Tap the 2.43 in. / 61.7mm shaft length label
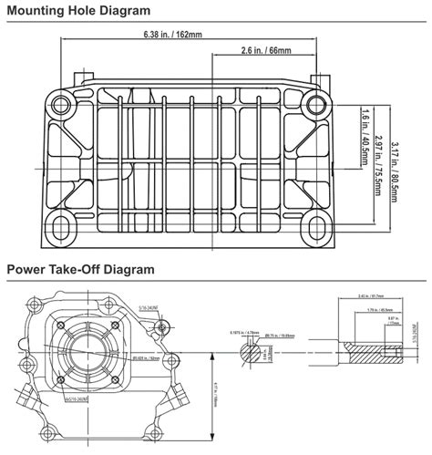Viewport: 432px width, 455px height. (371, 296)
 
